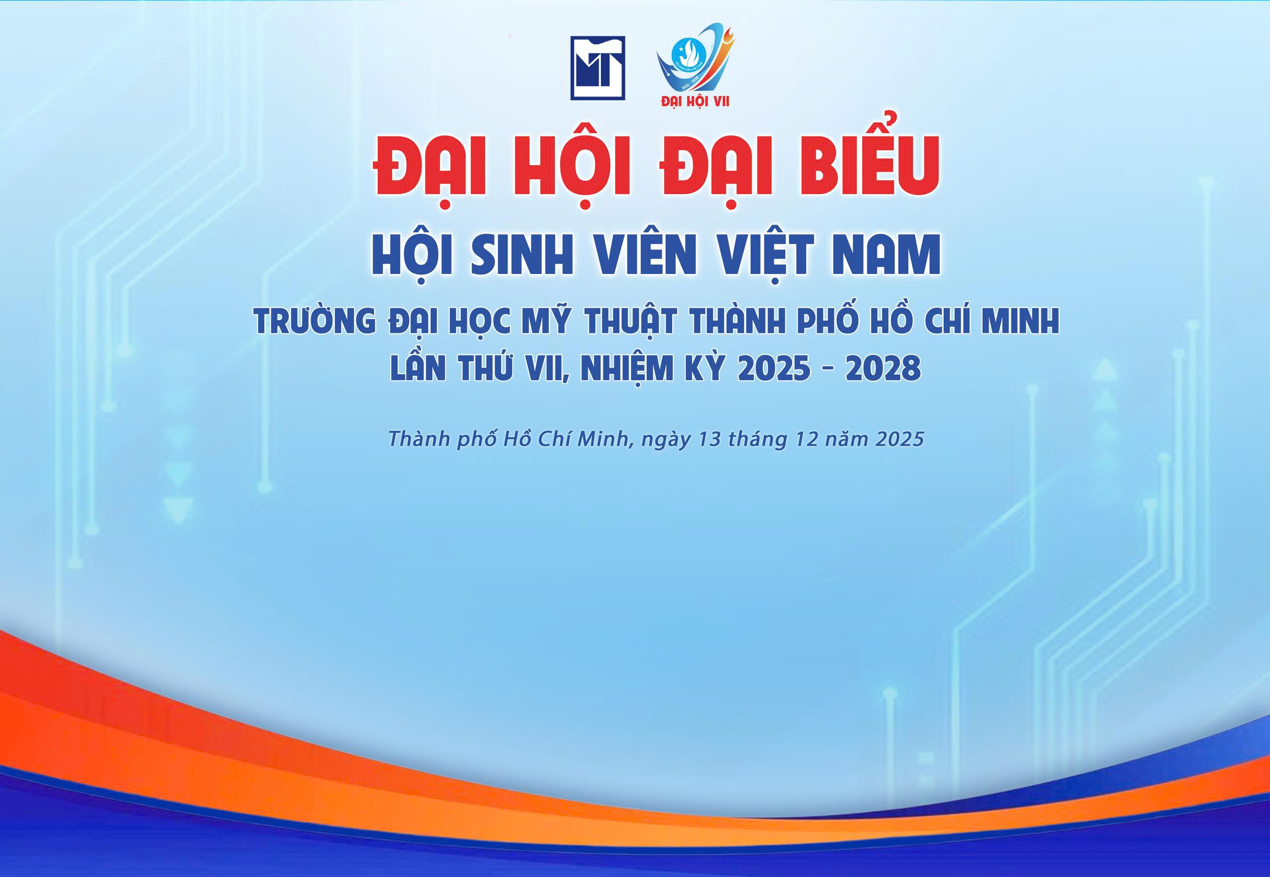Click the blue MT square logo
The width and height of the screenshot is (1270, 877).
[x=598, y=68]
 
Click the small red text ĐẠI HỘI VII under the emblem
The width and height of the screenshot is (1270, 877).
[x=696, y=102]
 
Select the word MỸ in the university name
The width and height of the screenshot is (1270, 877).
[x=543, y=321]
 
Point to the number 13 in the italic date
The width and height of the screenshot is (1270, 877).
[x=708, y=440]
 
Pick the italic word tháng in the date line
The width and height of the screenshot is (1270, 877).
[x=760, y=440]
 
